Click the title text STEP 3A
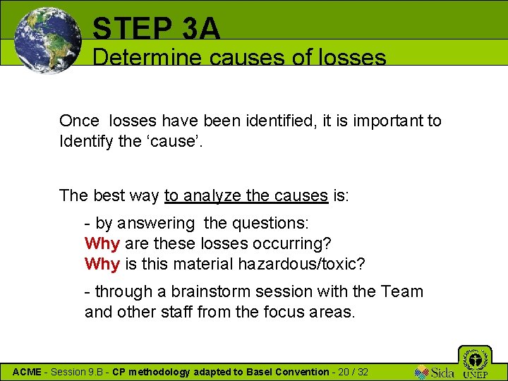click(157, 28)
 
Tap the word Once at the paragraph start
click(79, 121)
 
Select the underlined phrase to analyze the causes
click(246, 195)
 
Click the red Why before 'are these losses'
click(102, 243)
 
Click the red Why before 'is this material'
click(102, 264)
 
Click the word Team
click(403, 291)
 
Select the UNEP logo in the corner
click(475, 363)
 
